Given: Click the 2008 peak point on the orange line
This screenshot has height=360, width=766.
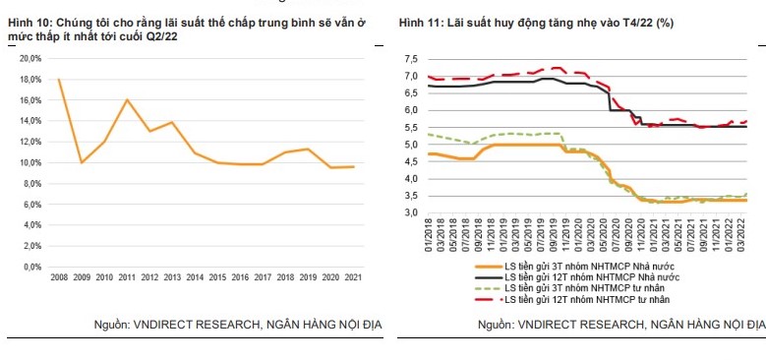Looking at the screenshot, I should [59, 79].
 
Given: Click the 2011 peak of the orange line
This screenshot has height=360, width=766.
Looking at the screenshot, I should [128, 99].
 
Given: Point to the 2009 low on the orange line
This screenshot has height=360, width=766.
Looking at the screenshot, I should [82, 162].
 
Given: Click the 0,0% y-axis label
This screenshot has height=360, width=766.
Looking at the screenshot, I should [31, 267].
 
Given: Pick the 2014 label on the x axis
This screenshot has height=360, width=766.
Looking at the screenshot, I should [197, 278].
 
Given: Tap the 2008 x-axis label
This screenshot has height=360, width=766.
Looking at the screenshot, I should [59, 278].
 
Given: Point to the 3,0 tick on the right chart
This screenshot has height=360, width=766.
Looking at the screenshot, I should [411, 213].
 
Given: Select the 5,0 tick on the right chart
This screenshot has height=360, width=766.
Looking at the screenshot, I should [411, 145].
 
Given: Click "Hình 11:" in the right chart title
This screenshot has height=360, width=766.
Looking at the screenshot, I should [421, 22].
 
